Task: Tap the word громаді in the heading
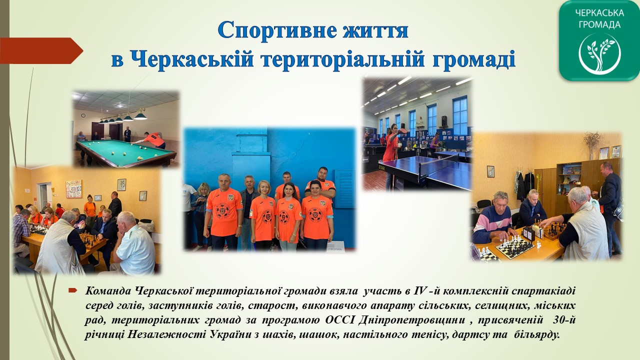pyautogui.click(x=473, y=59)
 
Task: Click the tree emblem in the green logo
pyautogui.click(x=599, y=53)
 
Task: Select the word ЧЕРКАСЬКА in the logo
pyautogui.click(x=599, y=13)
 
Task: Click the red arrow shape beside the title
pyautogui.click(x=41, y=50)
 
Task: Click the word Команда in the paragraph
pyautogui.click(x=107, y=291)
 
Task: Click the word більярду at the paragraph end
pyautogui.click(x=536, y=334)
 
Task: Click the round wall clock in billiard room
pyautogui.click(x=83, y=115)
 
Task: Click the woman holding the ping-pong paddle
pyautogui.click(x=391, y=155)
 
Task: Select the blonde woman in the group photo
pyautogui.click(x=263, y=215)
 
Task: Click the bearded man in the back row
pyautogui.click(x=320, y=183)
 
